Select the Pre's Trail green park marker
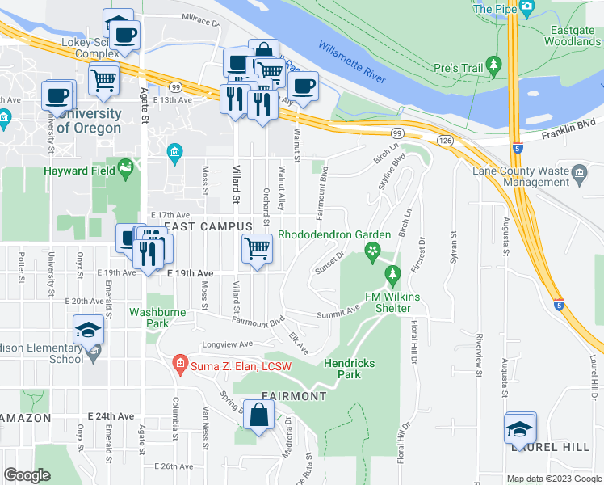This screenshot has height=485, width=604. coord(493,63)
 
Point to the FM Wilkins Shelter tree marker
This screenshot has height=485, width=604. coord(393,276)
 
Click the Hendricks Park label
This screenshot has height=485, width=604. coord(350,369)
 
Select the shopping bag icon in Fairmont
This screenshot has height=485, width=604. coord(258,415)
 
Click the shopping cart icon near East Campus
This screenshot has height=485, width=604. coord(257,248)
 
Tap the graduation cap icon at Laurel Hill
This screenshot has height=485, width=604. coord(520,428)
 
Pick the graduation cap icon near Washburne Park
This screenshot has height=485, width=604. coord(88,330)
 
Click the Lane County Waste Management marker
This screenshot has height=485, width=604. coord(579,172)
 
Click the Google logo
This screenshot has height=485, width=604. coord(27,475)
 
